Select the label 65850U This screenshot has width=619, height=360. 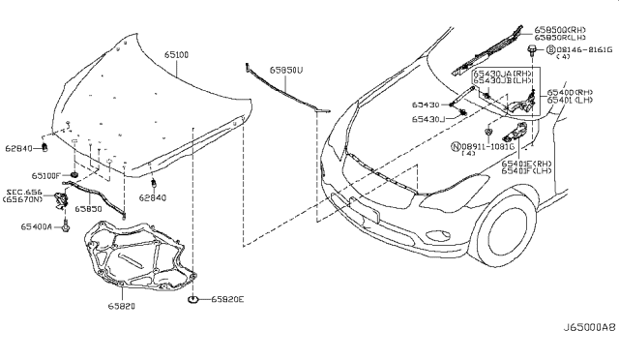point(286,70)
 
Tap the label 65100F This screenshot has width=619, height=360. point(44,175)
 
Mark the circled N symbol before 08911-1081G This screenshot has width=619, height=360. point(457,147)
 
